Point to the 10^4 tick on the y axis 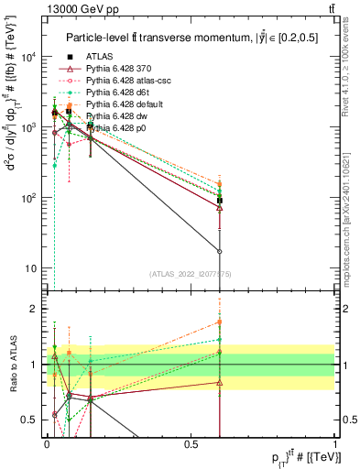click(x=27, y=57)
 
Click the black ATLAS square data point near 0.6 click(x=220, y=200)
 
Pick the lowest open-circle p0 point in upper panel click(x=220, y=250)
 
